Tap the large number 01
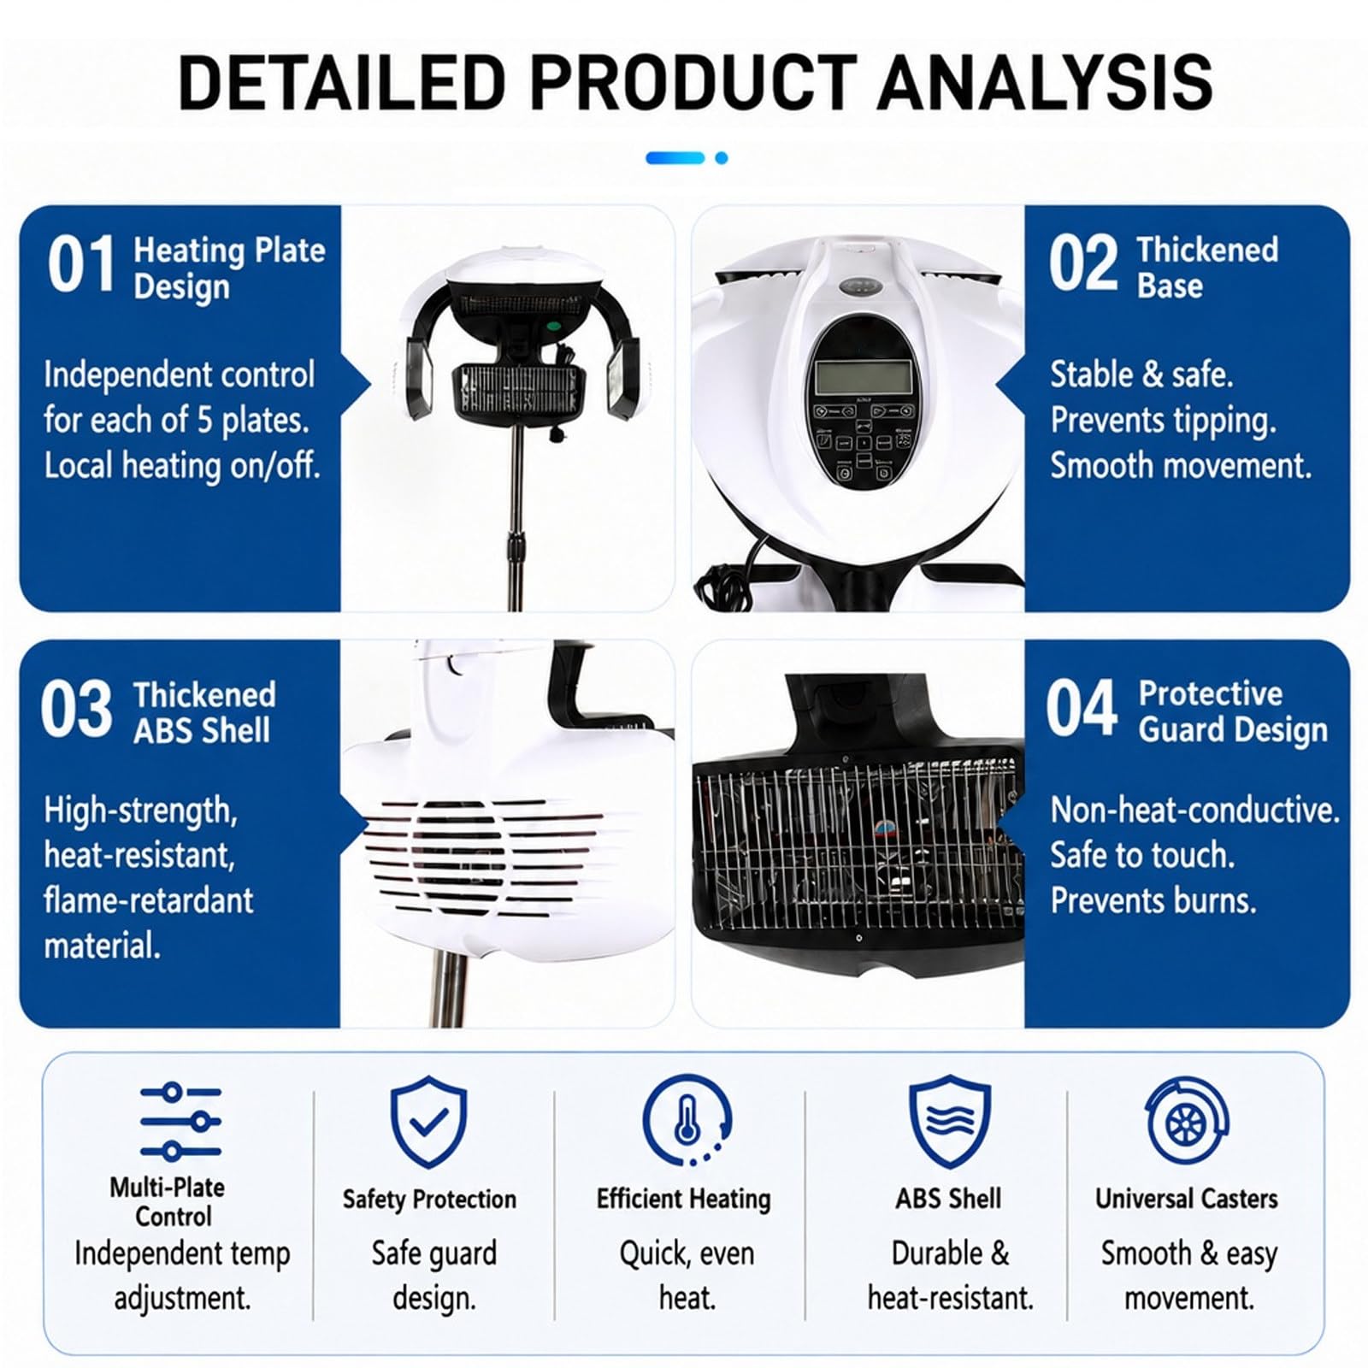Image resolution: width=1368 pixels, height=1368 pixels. coord(81,265)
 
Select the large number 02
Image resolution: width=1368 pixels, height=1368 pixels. coord(1083,264)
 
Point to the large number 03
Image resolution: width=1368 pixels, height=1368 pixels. coord(75,709)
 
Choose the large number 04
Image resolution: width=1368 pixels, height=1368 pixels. coord(1082,708)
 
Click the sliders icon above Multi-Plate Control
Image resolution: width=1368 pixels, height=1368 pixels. coord(181,1121)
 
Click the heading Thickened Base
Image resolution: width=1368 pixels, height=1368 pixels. coord(1207,267)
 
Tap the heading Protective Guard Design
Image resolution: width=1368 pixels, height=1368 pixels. coord(1233,711)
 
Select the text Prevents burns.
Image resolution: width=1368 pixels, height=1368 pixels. coord(1153,900)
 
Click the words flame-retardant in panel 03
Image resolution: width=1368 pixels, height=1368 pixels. coord(149,900)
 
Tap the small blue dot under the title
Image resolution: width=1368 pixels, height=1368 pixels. coord(722,158)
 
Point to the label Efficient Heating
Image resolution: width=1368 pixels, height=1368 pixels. coord(684,1200)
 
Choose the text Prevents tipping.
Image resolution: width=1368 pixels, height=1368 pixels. coord(1164,421)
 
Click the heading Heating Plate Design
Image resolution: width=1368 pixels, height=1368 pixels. coord(229,268)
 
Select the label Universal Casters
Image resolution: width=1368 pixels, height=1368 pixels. coord(1187,1199)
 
